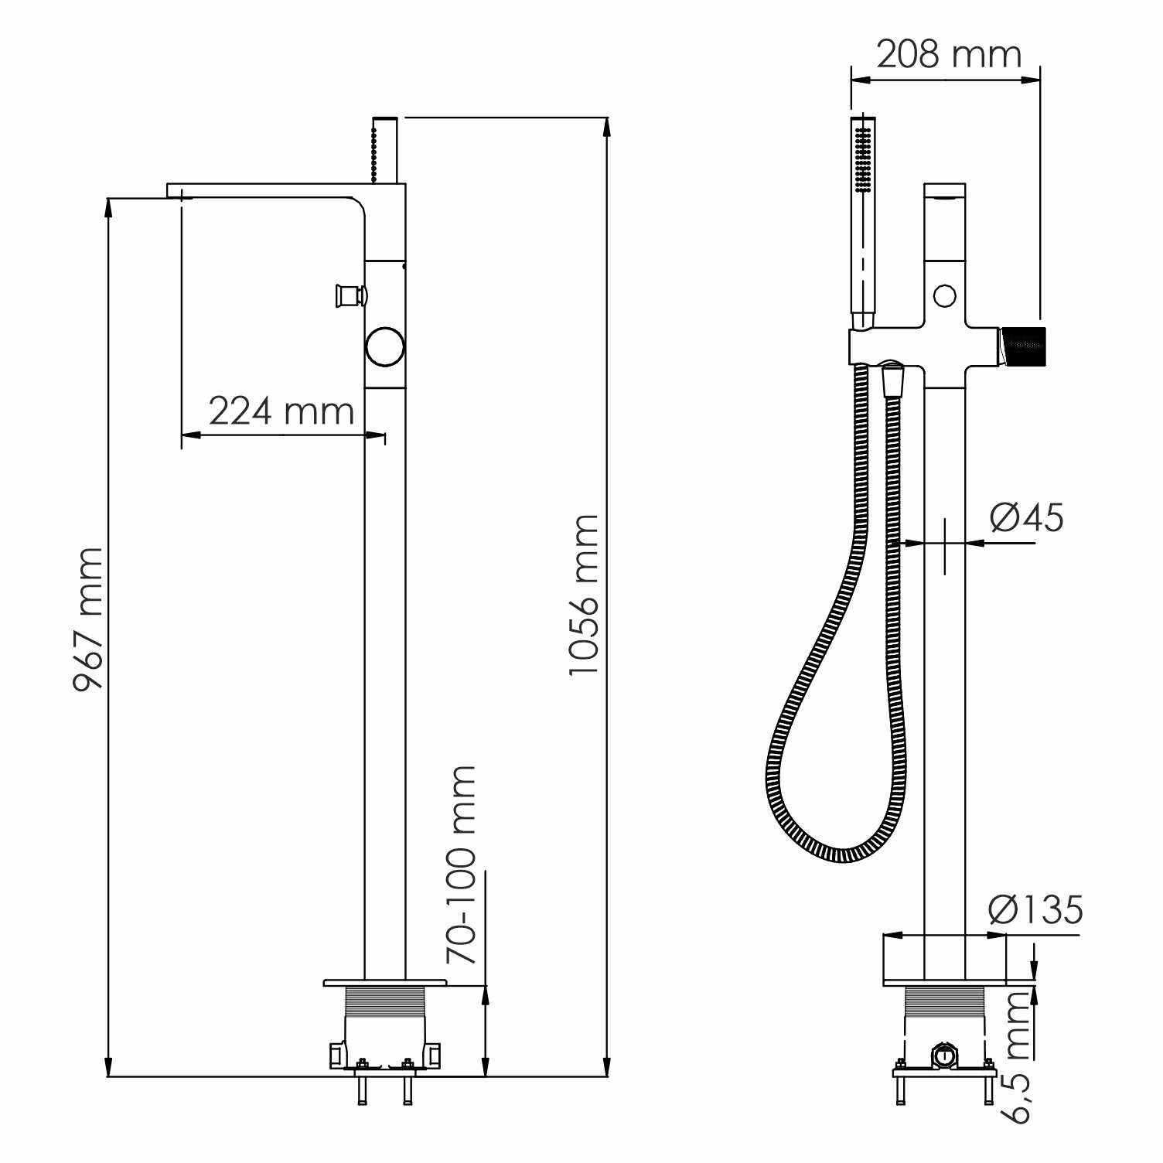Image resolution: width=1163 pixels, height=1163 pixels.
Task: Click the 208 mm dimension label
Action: pos(949,54)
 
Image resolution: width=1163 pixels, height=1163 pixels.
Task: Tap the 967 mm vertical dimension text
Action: pos(88,619)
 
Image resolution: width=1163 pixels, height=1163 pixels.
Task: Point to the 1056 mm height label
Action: pos(584,594)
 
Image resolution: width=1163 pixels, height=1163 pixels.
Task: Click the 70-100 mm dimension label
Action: pos(462,864)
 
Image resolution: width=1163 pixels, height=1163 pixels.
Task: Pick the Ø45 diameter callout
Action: pos(1027,517)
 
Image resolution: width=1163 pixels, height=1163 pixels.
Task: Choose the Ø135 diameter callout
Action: pos(1036,909)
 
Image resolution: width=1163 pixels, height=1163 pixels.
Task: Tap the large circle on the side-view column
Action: pos(385,346)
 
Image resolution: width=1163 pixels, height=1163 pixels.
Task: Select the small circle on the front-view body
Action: pos(944,295)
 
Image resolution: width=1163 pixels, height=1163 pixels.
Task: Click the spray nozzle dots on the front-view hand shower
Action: pos(863,159)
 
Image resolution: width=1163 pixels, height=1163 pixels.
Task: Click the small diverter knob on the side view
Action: pos(349,295)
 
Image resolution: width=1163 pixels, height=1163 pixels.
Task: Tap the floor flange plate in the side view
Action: pos(384,983)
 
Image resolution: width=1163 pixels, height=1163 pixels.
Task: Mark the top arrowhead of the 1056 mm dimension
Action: pos(608,128)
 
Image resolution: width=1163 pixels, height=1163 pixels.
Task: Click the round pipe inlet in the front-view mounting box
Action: pos(943,1055)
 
